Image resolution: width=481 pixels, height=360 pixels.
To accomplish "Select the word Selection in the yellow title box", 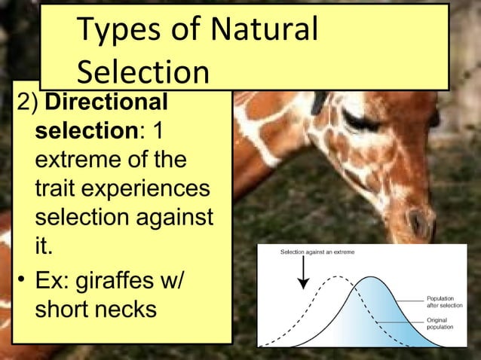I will [x=143, y=73].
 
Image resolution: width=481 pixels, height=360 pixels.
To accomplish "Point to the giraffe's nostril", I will [x=418, y=221].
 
